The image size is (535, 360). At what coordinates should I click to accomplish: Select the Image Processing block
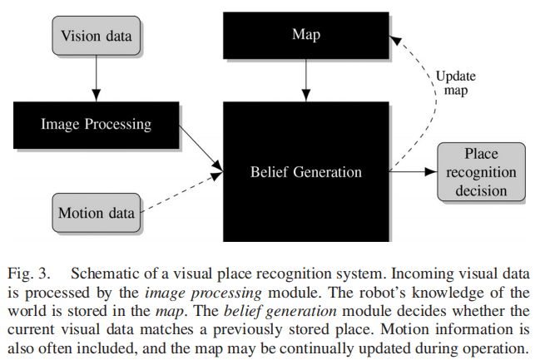tap(96, 125)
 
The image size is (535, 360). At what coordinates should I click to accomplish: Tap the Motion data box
tap(96, 213)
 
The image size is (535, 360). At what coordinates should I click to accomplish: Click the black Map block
tap(306, 35)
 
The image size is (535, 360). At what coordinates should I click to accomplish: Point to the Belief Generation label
tap(306, 172)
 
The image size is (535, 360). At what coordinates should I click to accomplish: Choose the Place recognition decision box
tap(480, 173)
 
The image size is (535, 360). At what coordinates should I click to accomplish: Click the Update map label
tap(456, 83)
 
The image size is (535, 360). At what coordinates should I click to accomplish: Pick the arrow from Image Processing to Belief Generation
tap(201, 150)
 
